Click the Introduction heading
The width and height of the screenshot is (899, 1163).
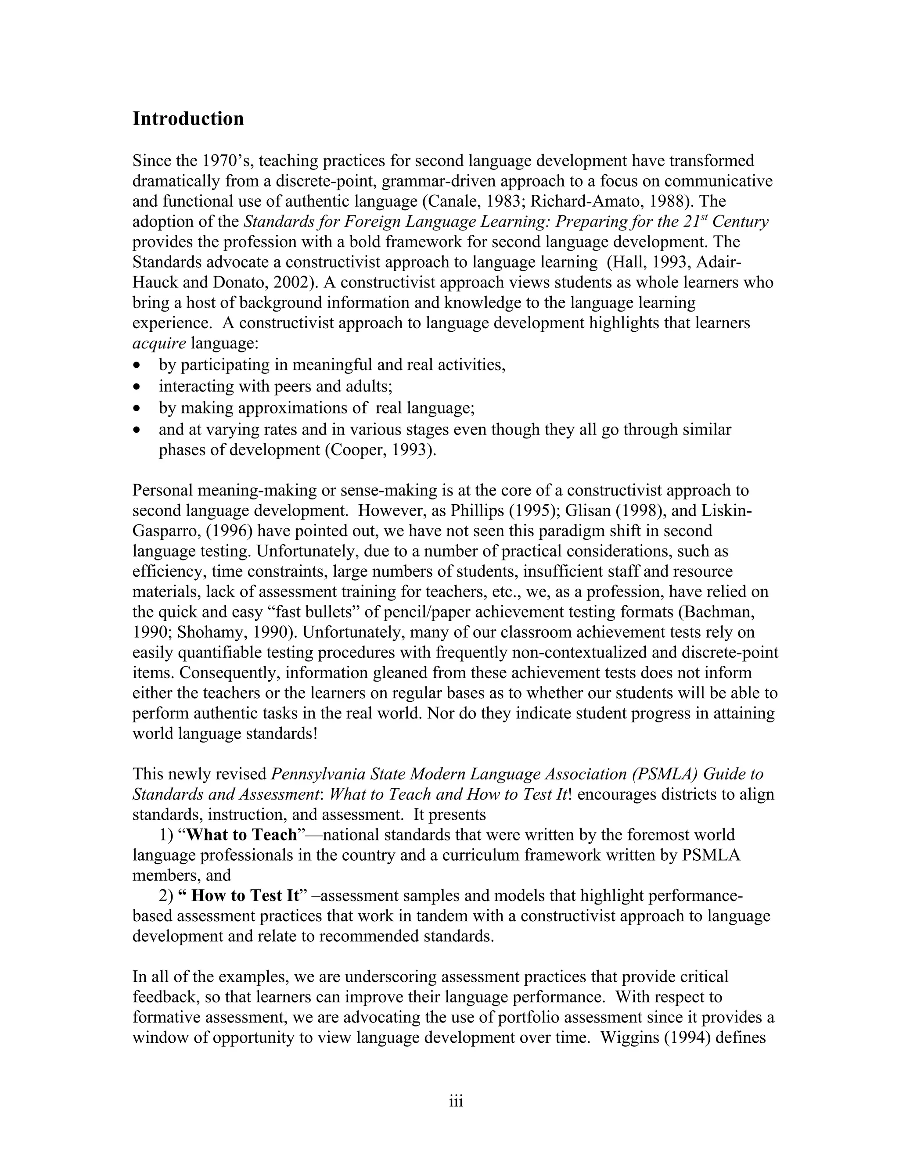click(188, 119)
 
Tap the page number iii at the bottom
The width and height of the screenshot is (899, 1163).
click(456, 1101)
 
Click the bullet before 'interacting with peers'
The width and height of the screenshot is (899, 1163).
click(138, 387)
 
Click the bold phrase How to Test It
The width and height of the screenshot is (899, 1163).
click(245, 896)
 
